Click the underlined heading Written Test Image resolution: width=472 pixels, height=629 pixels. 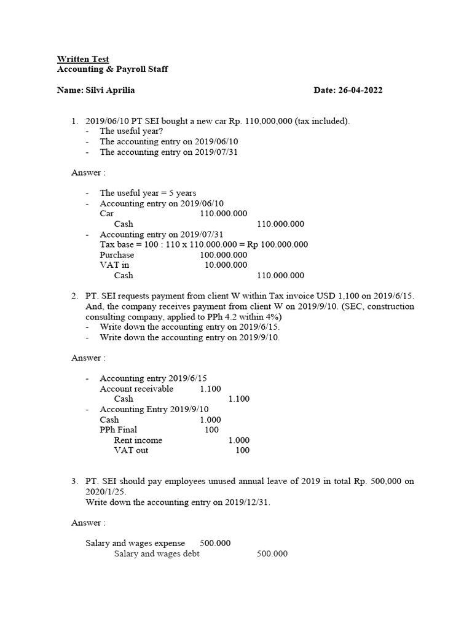[x=83, y=59]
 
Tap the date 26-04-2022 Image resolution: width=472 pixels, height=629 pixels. [x=360, y=90]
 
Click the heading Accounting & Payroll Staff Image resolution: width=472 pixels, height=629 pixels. [x=112, y=69]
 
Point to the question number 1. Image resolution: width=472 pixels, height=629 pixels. [x=74, y=121]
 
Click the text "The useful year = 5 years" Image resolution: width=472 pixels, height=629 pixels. [x=148, y=193]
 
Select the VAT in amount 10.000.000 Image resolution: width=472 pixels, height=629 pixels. [x=226, y=265]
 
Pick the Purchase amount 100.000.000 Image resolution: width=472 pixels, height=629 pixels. [x=224, y=255]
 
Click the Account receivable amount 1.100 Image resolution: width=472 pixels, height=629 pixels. [x=210, y=389]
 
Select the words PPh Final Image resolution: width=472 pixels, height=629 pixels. [x=119, y=430]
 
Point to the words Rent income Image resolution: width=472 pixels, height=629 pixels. [x=138, y=440]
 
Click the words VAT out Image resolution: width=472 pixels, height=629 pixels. [x=131, y=450]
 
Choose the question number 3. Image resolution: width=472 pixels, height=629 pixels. [x=74, y=482]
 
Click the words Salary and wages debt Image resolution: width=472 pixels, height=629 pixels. [x=157, y=554]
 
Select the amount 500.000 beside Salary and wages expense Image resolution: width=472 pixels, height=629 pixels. [x=215, y=544]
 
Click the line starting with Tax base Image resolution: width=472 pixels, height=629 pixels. [x=204, y=244]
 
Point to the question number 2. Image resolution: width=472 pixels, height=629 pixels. [x=74, y=296]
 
